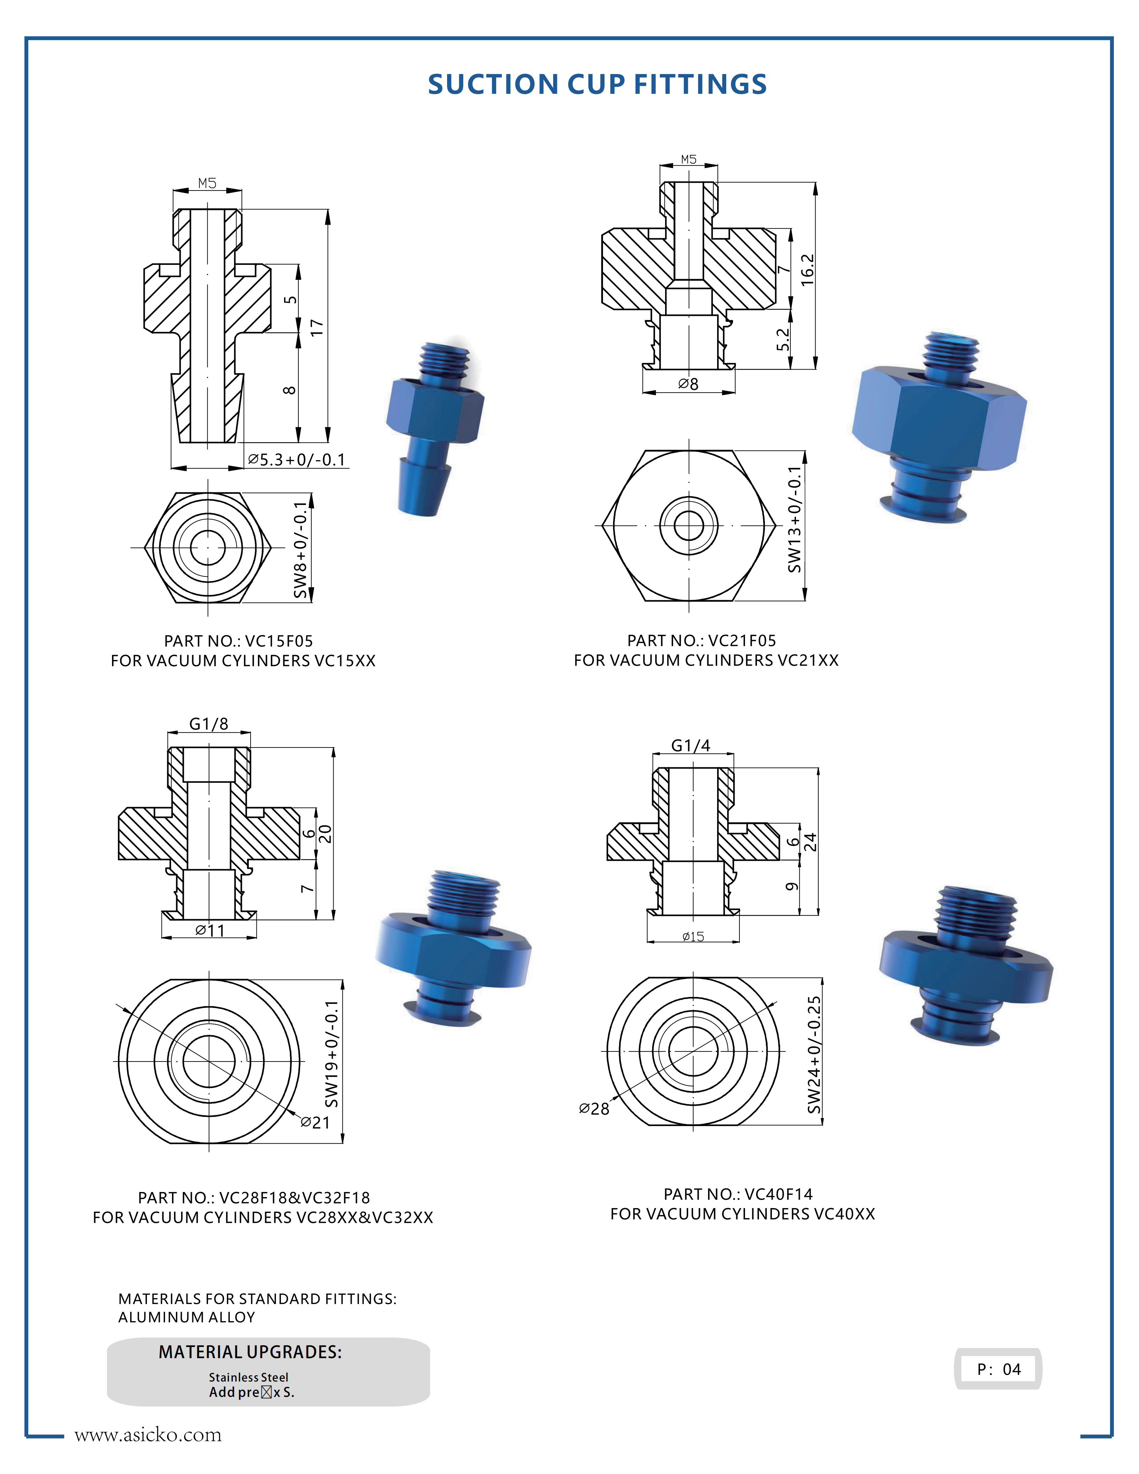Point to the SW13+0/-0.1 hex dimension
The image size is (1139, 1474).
[x=795, y=520]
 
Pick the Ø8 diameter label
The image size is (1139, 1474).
[x=688, y=384]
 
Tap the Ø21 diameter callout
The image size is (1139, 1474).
[x=315, y=1122]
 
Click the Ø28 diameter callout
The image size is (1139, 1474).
[x=594, y=1109]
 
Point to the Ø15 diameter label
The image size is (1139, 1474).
[x=693, y=937]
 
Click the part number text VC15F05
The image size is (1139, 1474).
[x=279, y=641]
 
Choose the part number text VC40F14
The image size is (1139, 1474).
[x=779, y=1194]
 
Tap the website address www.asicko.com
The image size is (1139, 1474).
[x=148, y=1434]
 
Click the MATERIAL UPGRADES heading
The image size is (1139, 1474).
[x=250, y=1352]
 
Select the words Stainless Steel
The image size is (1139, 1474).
[x=248, y=1377]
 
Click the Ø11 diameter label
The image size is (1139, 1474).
[x=210, y=931]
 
